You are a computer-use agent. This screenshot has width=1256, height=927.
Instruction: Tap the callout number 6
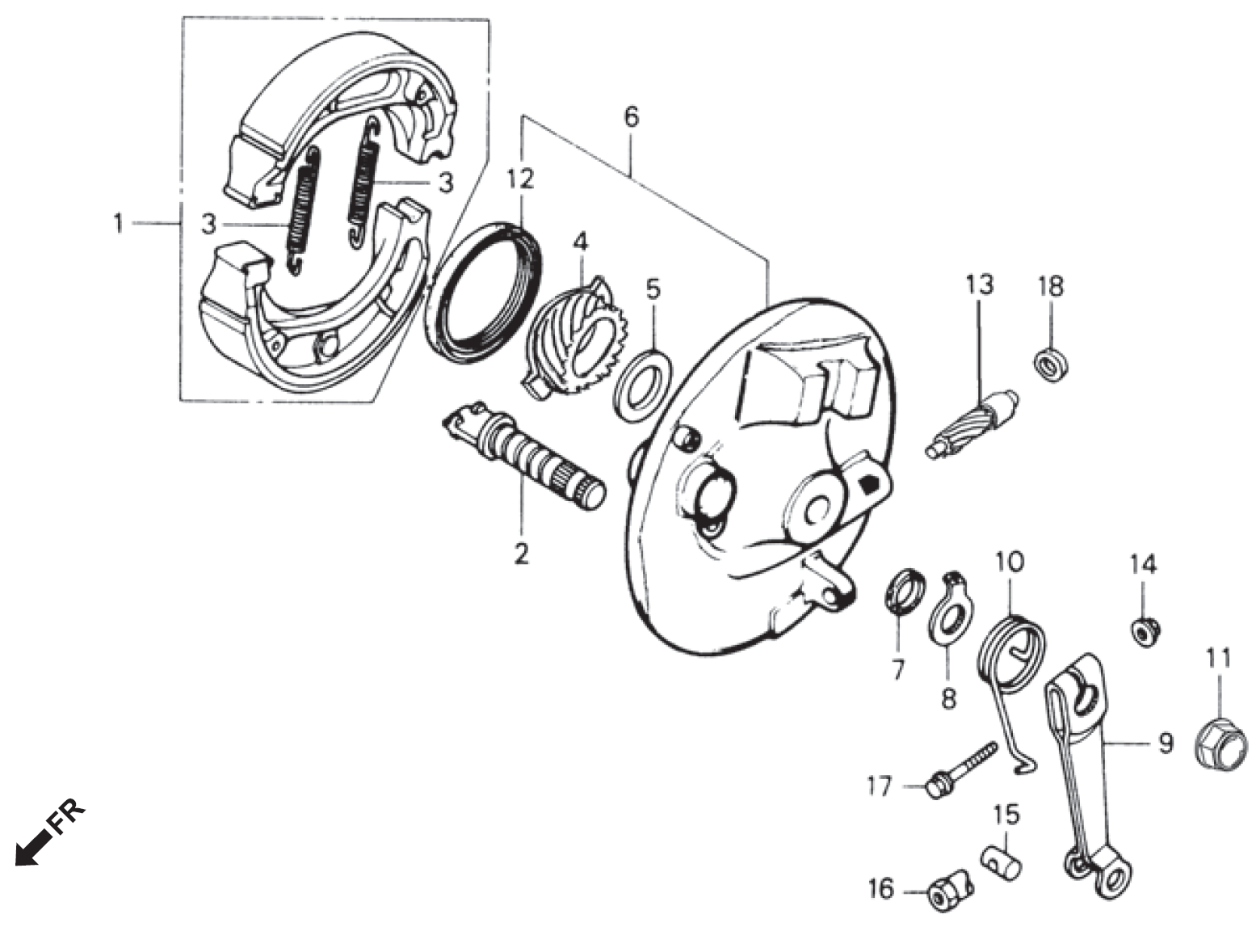(631, 116)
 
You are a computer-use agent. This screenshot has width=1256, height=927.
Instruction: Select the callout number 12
(521, 179)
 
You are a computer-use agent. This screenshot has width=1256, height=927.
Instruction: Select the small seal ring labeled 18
(1051, 362)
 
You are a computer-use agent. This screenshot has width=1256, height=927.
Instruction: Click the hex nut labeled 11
(1220, 744)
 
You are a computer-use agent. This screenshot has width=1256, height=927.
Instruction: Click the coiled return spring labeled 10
(1013, 647)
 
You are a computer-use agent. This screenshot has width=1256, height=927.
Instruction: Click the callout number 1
(119, 222)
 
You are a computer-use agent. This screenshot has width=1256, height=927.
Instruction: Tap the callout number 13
(978, 286)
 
